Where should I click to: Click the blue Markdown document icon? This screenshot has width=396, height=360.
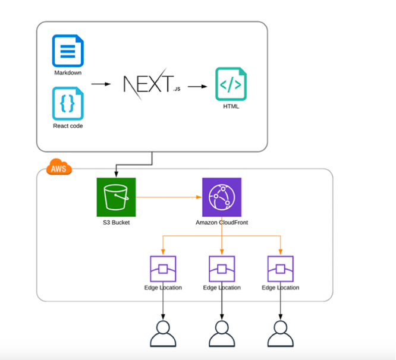68,50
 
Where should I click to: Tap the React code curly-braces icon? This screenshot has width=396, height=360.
68,103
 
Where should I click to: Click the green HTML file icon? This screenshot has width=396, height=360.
231,84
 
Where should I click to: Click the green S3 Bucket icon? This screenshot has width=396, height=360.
117,197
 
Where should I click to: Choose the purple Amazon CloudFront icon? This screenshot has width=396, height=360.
222,197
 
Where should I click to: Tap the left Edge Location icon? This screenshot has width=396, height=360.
163,269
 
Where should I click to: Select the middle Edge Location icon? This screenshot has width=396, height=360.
222,269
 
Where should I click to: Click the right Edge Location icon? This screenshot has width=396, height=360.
280,269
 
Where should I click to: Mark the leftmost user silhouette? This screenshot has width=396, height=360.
163,333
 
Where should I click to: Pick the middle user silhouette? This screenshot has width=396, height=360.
222,333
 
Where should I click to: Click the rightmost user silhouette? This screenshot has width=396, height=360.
280,333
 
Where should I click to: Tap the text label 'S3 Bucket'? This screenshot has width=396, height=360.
117,223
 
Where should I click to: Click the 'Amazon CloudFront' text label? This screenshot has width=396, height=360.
222,223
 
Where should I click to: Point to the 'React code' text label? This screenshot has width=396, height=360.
68,126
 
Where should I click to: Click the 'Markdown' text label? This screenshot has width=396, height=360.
68,73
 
